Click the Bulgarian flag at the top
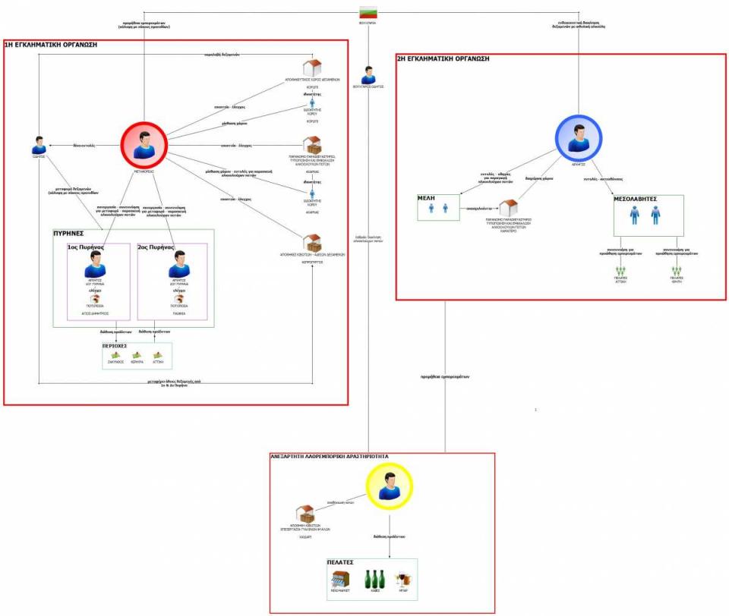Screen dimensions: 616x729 368,12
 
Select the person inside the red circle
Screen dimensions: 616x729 144,144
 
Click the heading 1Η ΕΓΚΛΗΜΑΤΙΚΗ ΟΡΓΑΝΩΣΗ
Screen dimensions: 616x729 52,46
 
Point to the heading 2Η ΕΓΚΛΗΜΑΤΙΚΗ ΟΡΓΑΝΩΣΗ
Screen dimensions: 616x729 444,58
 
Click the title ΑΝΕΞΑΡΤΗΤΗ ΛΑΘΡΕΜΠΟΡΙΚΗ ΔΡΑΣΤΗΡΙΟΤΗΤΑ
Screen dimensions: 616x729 330,457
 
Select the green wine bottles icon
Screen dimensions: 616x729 374,580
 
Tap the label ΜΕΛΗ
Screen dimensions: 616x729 425,197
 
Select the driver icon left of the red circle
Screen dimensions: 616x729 39,145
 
